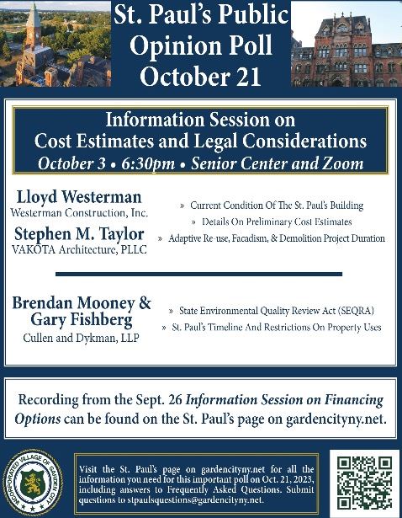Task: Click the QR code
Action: click(362, 481)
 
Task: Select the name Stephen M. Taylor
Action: click(78, 233)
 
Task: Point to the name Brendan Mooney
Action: click(73, 303)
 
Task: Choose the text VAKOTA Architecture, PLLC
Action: click(80, 248)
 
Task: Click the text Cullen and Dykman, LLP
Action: click(81, 337)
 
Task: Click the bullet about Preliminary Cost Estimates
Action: click(278, 222)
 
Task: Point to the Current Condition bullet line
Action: click(276, 206)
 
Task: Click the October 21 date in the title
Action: click(201, 77)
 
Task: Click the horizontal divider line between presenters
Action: click(199, 274)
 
